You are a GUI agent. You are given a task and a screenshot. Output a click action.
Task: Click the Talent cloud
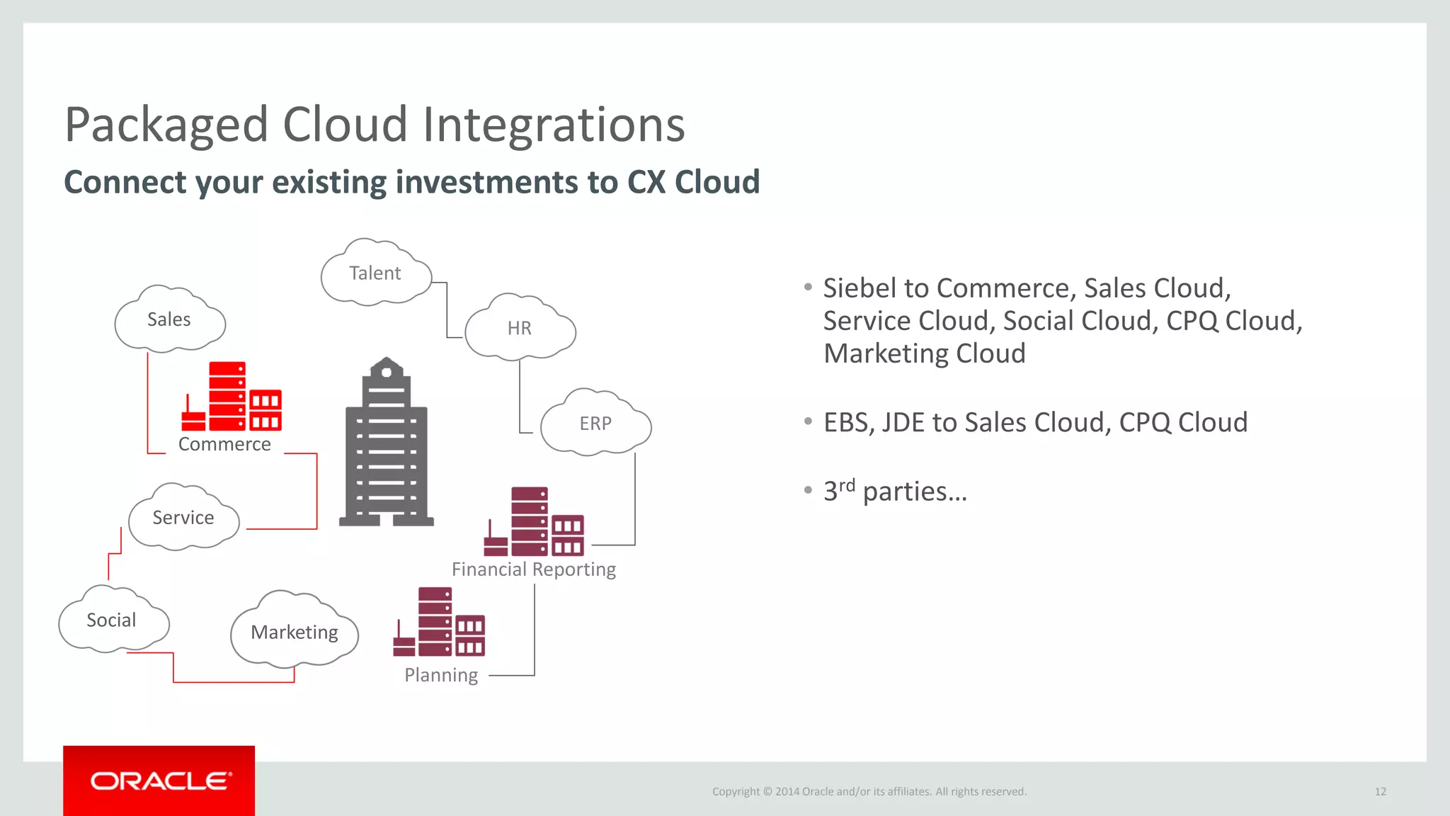pyautogui.click(x=375, y=273)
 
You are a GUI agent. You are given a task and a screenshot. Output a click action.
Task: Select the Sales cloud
pyautogui.click(x=169, y=320)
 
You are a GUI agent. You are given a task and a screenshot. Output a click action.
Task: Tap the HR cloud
pyautogui.click(x=520, y=328)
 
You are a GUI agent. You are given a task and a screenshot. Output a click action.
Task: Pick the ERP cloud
pyautogui.click(x=595, y=423)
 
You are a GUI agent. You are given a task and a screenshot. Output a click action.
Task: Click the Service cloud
pyautogui.click(x=183, y=518)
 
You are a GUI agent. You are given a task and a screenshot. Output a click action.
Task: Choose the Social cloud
pyautogui.click(x=112, y=620)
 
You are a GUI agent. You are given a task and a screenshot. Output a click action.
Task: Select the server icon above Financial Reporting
pyautogui.click(x=535, y=522)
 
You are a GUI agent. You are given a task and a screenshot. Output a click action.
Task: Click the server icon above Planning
pyautogui.click(x=440, y=622)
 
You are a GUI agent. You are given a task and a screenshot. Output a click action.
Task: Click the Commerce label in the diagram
pyautogui.click(x=224, y=444)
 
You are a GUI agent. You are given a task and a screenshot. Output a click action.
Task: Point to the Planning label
pyautogui.click(x=441, y=675)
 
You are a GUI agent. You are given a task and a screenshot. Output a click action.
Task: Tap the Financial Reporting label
pyautogui.click(x=534, y=569)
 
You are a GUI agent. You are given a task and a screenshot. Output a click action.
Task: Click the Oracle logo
pyautogui.click(x=160, y=781)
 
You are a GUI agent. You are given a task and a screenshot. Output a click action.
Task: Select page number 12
pyautogui.click(x=1380, y=792)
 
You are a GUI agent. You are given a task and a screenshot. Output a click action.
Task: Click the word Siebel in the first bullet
pyautogui.click(x=860, y=288)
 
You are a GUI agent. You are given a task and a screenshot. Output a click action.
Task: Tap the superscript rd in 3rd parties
pyautogui.click(x=847, y=485)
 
